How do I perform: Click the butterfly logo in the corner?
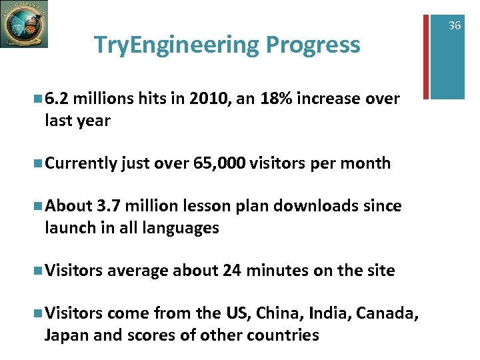[24, 24]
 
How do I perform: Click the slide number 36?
[455, 25]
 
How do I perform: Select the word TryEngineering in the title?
[176, 45]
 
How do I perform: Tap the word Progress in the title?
[313, 45]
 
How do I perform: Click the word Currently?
[81, 163]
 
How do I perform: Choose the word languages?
[182, 227]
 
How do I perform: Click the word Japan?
[66, 334]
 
